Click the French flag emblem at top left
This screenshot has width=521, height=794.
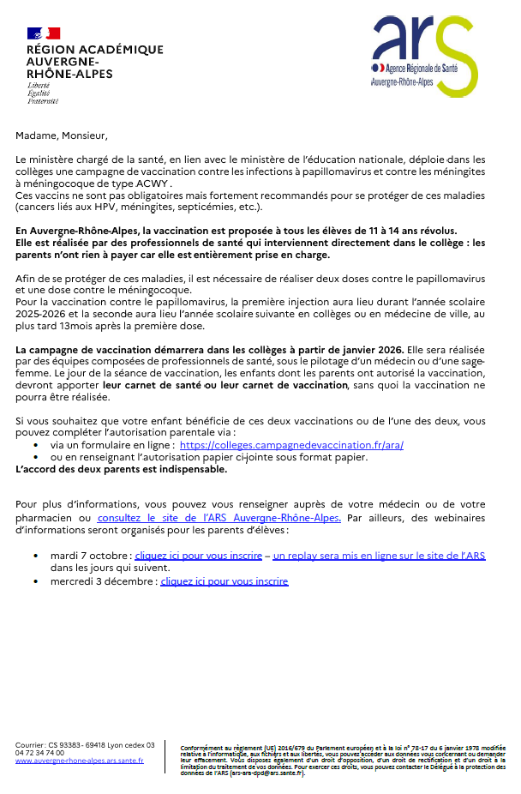44,33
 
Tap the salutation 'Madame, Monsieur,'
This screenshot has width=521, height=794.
62,135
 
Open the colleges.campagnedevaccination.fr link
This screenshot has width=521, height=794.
291,446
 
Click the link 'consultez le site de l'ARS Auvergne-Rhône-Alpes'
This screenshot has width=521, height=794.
219,518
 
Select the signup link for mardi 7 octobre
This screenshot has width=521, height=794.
198,556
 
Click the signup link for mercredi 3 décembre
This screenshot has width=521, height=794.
224,581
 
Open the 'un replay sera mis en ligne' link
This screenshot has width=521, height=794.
379,556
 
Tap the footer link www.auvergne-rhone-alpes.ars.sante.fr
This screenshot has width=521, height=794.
80,761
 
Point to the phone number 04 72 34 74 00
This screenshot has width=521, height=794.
39,753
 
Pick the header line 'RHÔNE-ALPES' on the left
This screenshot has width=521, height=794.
69,74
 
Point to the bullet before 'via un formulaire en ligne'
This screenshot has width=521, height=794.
35,446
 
